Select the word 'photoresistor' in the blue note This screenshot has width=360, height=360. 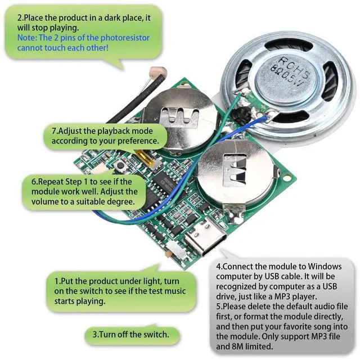[x=138, y=38]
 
